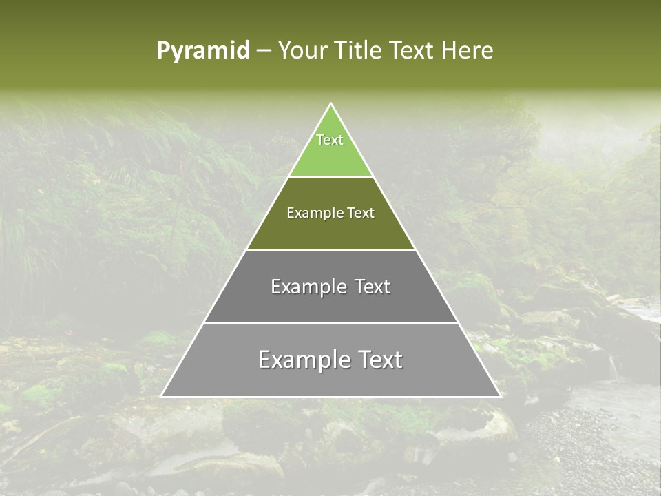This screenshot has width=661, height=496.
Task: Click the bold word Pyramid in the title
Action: click(203, 51)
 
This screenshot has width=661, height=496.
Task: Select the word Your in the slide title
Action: click(303, 50)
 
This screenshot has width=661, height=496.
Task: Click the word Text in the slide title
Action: click(412, 50)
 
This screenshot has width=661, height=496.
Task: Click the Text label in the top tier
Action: click(330, 140)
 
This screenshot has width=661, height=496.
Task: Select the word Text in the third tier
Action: click(373, 287)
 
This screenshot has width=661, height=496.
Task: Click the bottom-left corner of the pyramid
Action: click(162, 396)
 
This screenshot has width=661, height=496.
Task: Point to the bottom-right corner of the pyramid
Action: click(500, 396)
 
